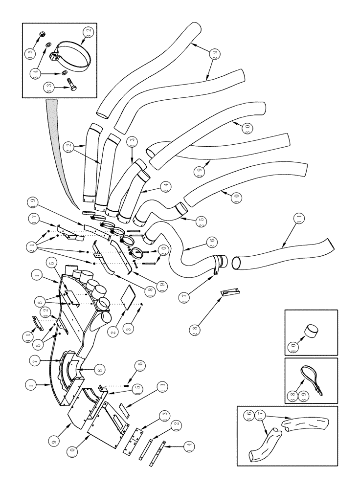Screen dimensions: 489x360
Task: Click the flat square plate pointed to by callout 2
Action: point(129,297)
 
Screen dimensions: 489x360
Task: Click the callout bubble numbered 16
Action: point(139,365)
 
